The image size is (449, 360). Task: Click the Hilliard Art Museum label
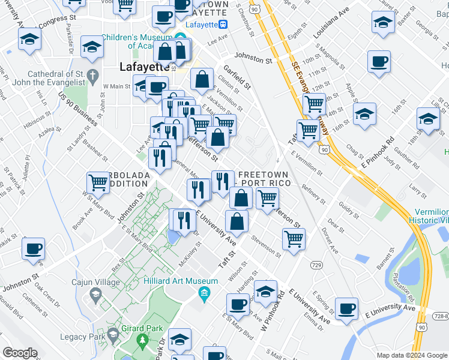point(181,281)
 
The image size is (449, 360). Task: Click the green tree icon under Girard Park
point(143,342)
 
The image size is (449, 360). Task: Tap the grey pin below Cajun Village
point(95,295)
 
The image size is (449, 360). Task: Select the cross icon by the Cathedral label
point(92,76)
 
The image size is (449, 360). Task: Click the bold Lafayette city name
point(145,67)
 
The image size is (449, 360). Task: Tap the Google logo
point(20,353)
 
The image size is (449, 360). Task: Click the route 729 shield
point(316,264)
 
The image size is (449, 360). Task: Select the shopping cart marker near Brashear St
point(98,182)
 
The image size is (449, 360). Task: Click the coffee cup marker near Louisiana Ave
point(379,61)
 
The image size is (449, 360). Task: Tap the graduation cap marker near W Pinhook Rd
point(265,291)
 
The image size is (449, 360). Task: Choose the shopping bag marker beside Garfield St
point(202,78)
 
